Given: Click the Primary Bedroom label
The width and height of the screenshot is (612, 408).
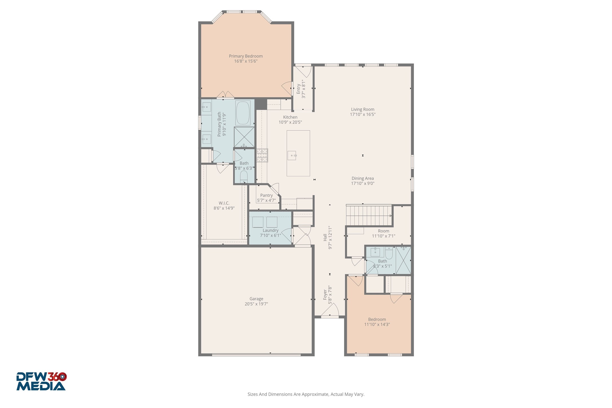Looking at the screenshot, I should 246,56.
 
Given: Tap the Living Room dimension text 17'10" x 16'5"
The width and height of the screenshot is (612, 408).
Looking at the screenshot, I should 363,114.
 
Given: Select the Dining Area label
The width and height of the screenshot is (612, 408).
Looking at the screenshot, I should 363,178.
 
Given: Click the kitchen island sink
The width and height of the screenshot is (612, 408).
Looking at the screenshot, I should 292,156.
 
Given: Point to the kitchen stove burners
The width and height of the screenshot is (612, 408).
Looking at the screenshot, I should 262,156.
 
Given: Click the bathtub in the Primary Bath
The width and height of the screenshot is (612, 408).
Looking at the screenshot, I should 243,113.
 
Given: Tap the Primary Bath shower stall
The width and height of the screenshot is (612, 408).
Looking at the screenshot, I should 244,137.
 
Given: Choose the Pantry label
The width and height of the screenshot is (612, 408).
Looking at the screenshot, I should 266,195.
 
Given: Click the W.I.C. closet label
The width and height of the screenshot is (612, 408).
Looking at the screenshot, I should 224,203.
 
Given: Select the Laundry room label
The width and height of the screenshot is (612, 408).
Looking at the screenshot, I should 270,230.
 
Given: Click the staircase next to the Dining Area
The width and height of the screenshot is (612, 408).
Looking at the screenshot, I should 369,216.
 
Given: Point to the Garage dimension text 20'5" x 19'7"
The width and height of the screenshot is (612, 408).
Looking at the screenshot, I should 256,304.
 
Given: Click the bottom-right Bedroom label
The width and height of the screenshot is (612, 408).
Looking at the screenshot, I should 377,319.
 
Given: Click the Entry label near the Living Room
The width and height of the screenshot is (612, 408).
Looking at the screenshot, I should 298,89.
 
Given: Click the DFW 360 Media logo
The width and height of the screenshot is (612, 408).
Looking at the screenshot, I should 41,381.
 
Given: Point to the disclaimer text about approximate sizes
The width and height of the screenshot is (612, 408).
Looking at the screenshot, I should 306,394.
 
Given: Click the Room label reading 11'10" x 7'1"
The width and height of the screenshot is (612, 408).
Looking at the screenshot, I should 383,231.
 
